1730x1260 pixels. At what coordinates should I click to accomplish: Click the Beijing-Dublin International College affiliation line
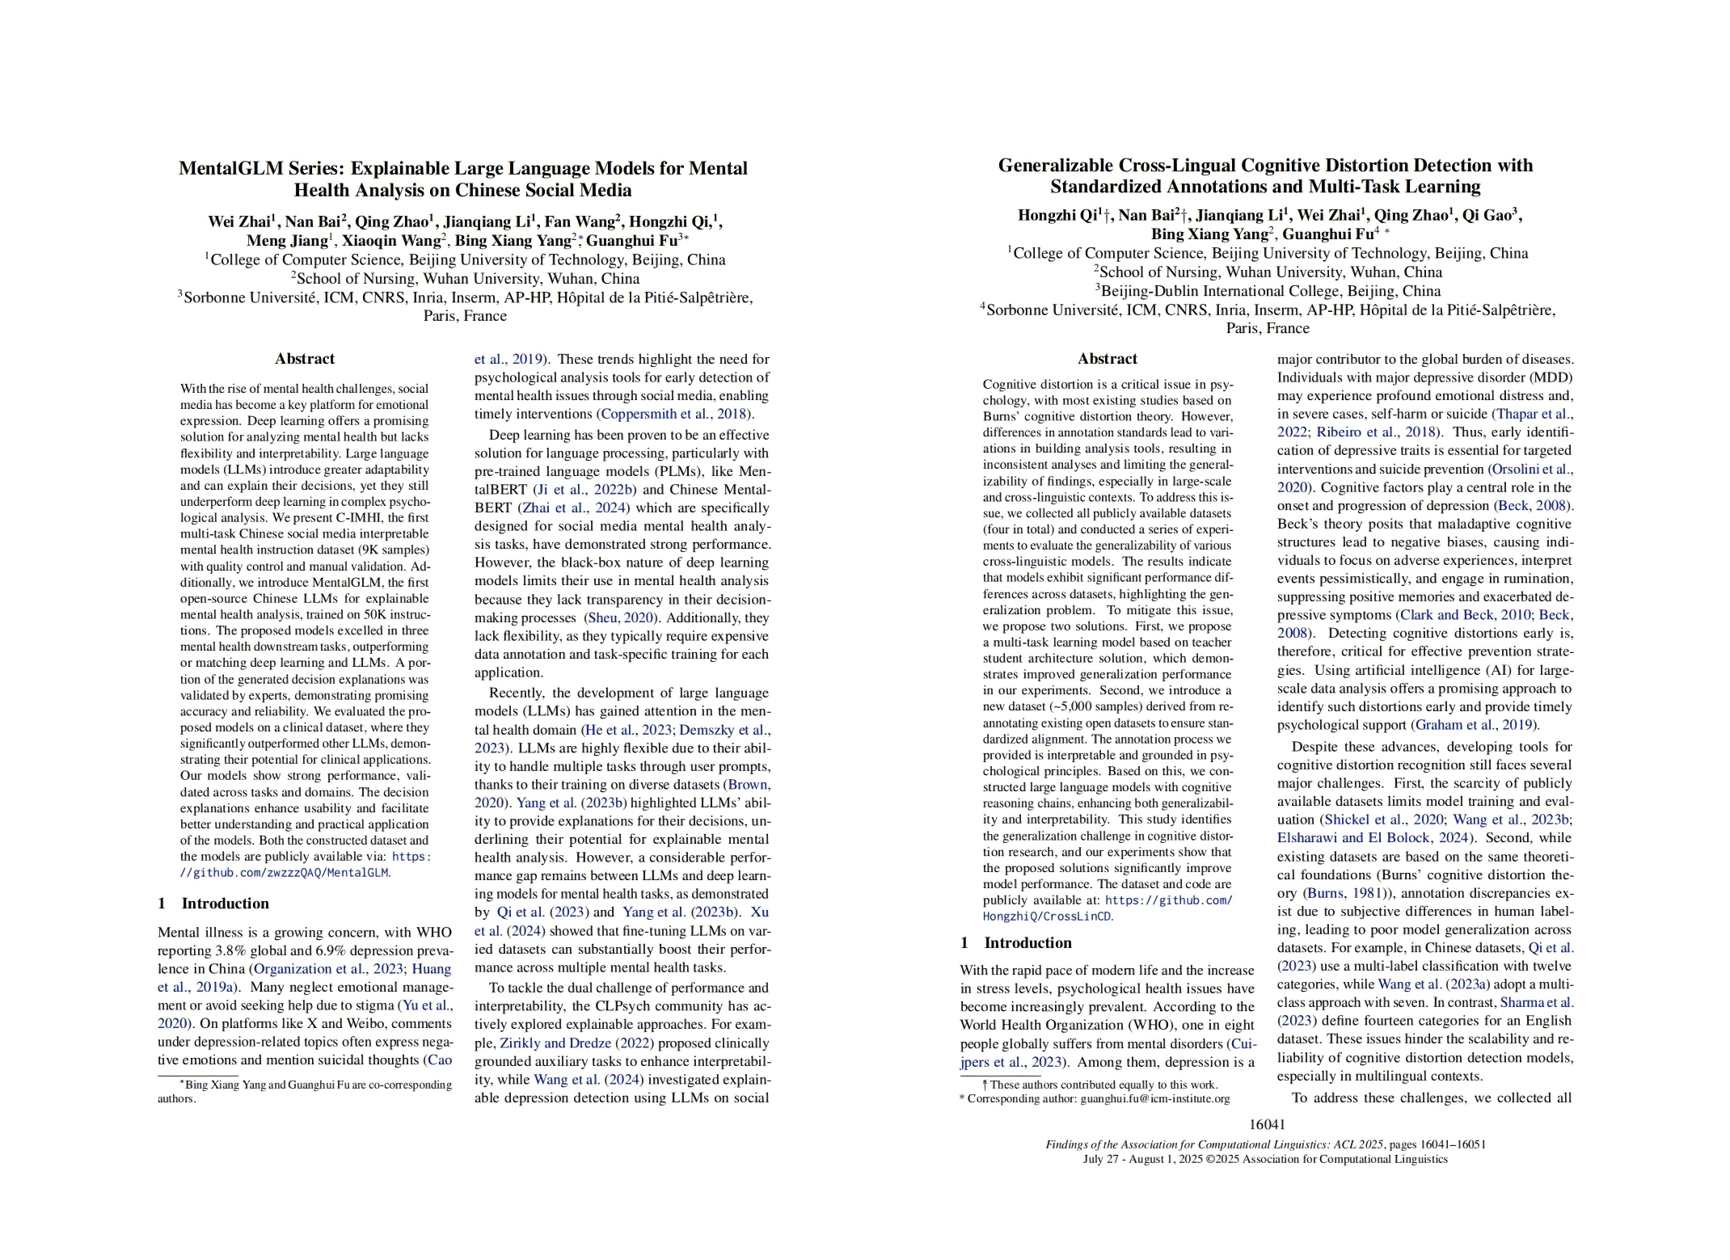pyautogui.click(x=1267, y=291)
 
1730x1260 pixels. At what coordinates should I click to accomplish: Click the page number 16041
pyautogui.click(x=1267, y=1124)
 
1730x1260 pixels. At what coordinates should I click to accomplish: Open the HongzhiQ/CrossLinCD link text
pyautogui.click(x=1047, y=917)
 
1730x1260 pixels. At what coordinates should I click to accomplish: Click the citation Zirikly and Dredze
pyautogui.click(x=555, y=1043)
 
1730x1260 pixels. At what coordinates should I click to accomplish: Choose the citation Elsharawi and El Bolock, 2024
pyautogui.click(x=1373, y=838)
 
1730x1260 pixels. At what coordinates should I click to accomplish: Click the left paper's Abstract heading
pyautogui.click(x=304, y=359)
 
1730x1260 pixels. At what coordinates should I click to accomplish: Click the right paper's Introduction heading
pyautogui.click(x=1027, y=942)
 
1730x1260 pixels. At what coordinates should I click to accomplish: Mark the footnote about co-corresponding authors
pyautogui.click(x=315, y=1085)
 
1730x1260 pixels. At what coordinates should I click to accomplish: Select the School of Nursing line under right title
pyautogui.click(x=1267, y=272)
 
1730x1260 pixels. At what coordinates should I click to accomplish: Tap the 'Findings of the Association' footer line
pyautogui.click(x=1265, y=1144)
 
